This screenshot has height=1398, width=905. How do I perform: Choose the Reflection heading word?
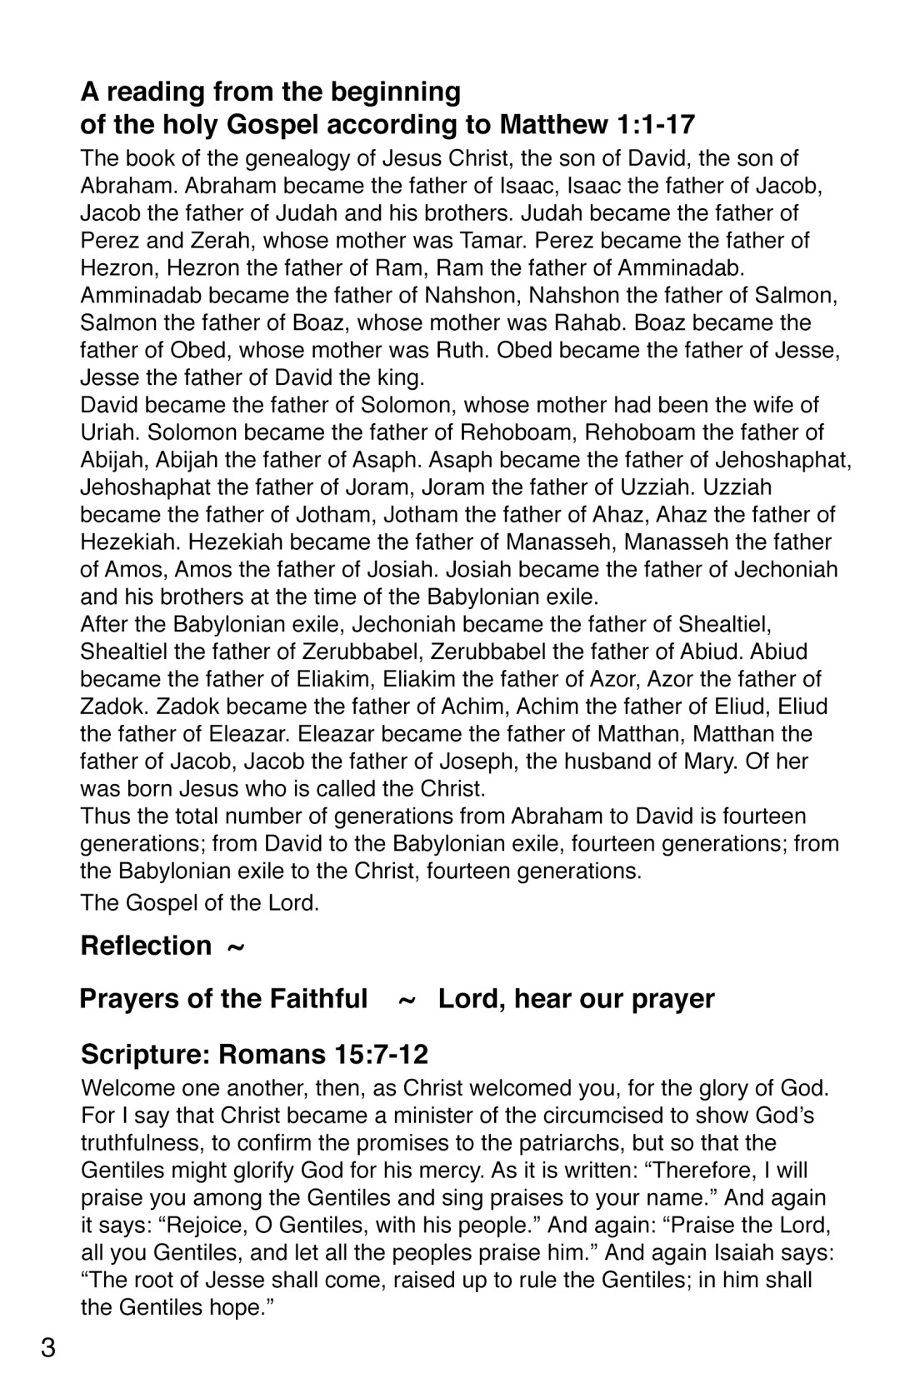[146, 946]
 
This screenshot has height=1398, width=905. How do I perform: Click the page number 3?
[48, 1347]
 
